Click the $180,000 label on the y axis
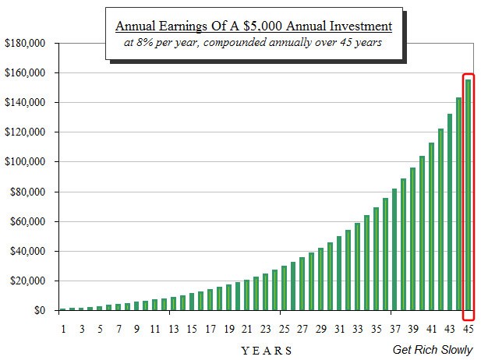25,43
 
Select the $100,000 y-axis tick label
25,162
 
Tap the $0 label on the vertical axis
39,311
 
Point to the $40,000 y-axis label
28,252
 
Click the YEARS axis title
267,350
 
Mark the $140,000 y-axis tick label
25,103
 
